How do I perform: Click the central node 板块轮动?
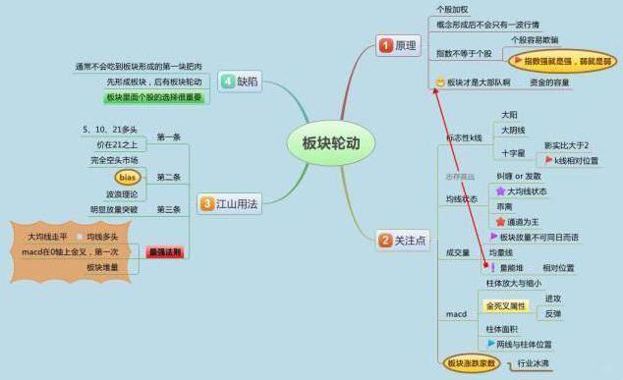pyautogui.click(x=331, y=143)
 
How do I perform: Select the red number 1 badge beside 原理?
pyautogui.click(x=385, y=47)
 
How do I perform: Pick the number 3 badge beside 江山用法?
pyautogui.click(x=207, y=204)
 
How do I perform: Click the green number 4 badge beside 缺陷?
pyautogui.click(x=227, y=81)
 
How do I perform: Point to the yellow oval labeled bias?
pyautogui.click(x=128, y=177)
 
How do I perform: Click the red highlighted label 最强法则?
pyautogui.click(x=165, y=251)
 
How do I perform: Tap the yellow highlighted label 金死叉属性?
pyautogui.click(x=506, y=306)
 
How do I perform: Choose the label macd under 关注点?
pyautogui.click(x=456, y=313)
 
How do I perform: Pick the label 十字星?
pyautogui.click(x=513, y=153)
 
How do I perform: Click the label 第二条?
pyautogui.click(x=168, y=177)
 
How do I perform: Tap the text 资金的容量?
pyautogui.click(x=549, y=83)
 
